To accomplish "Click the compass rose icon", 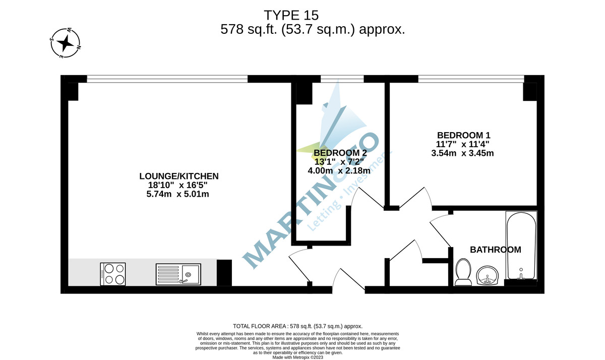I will coord(65,43).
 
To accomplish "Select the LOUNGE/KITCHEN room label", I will coord(179,176).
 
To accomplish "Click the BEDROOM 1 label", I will coord(463,135).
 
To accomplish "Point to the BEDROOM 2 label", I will coord(340,153).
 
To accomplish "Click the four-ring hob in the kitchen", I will coord(113,274).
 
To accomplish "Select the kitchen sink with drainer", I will coord(178,274).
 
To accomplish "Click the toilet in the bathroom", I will coord(463,272).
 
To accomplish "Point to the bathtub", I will coord(521,246).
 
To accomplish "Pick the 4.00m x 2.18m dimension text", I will coord(339,171).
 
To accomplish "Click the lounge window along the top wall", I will coord(167,79).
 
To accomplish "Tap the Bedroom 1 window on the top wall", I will coord(471,79).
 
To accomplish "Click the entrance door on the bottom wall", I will coord(348,282).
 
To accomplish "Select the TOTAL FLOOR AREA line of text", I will coord(297,326).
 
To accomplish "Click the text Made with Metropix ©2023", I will coord(297,357).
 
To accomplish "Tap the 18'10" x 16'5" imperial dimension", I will coord(174,185).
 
